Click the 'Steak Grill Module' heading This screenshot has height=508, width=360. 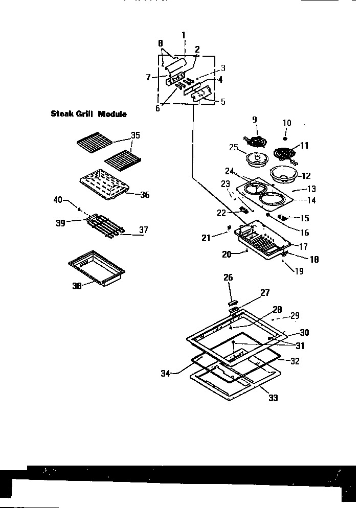pyautogui.click(x=88, y=113)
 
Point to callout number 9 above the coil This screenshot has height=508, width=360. pyautogui.click(x=254, y=120)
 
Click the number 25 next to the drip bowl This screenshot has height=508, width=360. pyautogui.click(x=234, y=148)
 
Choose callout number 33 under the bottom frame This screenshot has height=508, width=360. pyautogui.click(x=273, y=397)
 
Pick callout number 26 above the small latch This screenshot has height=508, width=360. pyautogui.click(x=228, y=278)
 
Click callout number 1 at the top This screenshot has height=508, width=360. pyautogui.click(x=184, y=35)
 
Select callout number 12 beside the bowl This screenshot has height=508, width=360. pyautogui.click(x=306, y=175)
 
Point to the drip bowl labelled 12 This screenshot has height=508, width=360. pyautogui.click(x=281, y=174)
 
